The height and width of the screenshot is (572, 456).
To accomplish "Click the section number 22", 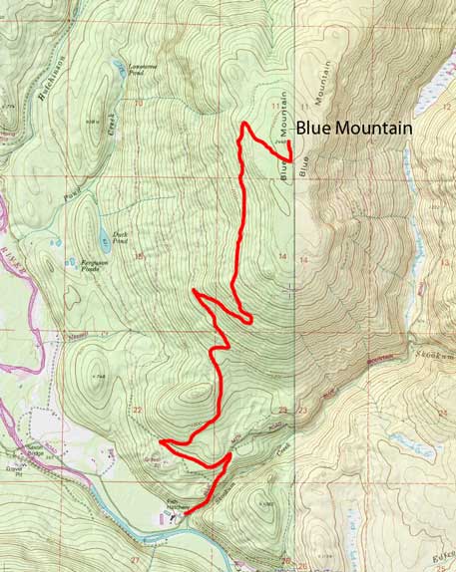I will point(138,410).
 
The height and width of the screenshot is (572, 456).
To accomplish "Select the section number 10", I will point(139,103).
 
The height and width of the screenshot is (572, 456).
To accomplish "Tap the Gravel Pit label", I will point(18,463).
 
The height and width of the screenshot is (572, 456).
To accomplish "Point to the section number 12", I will point(446,106).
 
